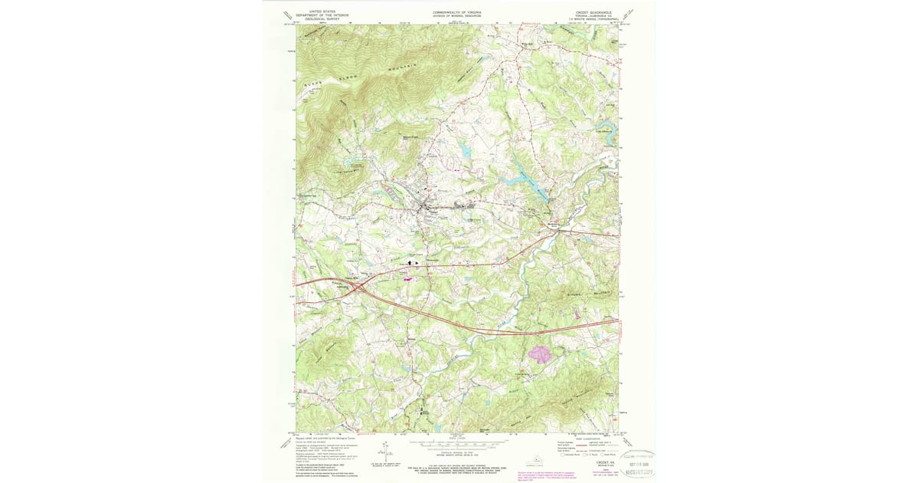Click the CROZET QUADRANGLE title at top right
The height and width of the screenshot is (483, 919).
click(x=592, y=12)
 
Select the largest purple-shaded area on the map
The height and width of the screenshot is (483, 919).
click(x=540, y=353)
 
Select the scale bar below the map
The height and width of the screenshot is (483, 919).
click(x=457, y=442)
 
